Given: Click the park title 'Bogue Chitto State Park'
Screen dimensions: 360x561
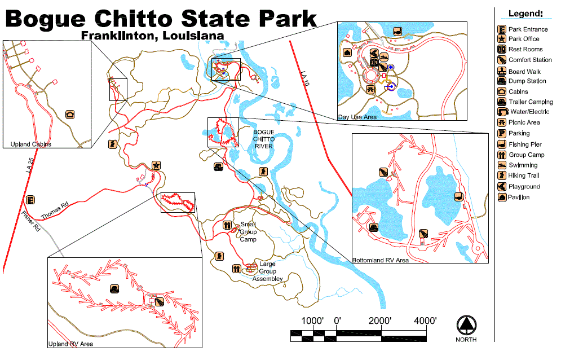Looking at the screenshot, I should pos(161,18).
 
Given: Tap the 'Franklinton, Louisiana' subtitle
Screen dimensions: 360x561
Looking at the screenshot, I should pos(152,35).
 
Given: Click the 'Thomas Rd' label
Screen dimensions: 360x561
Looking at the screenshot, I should pos(54,211).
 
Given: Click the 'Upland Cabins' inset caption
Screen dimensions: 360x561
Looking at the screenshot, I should pos(30,144).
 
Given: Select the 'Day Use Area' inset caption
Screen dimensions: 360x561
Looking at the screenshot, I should pos(357,117).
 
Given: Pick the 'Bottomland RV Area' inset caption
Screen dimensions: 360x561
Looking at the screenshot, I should pos(381,260).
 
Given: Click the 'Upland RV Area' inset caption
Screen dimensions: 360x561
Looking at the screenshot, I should pos(70,343).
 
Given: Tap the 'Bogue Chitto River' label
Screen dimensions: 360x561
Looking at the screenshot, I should pos(263,139).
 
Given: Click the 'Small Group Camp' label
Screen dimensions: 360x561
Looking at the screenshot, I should pos(248,231).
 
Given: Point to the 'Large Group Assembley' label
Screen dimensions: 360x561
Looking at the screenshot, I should pos(267,271).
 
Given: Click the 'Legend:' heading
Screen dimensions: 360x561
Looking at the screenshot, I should pos(525,13).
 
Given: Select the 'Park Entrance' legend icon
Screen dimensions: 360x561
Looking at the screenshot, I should pos(501,29).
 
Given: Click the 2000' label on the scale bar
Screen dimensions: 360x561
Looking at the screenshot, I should pos(381,321).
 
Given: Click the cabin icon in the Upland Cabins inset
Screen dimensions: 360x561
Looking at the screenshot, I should pos(70,115).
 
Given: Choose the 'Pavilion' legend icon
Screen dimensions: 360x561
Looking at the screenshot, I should pos(501,197).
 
